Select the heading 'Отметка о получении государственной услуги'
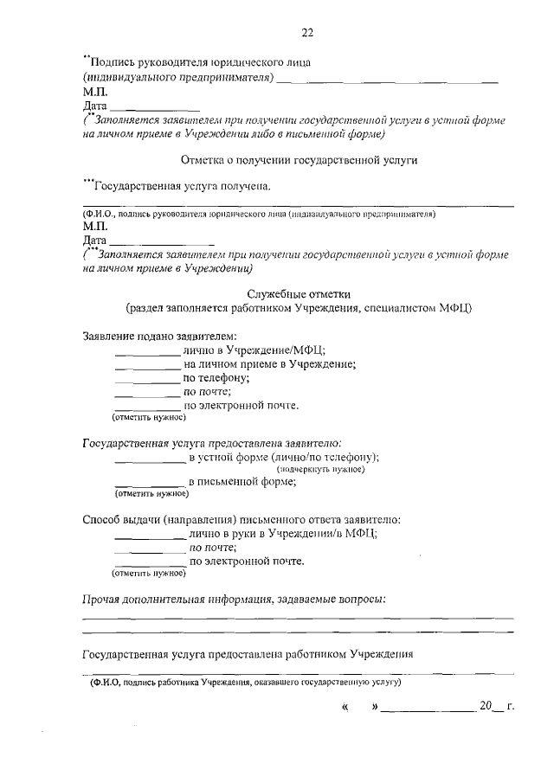pyautogui.click(x=299, y=160)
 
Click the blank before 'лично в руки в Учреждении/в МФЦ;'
pyautogui.click(x=150, y=537)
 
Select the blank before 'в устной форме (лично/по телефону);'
pyautogui.click(x=150, y=459)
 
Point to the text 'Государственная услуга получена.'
pyautogui.click(x=182, y=186)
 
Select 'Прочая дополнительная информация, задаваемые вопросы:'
pyautogui.click(x=234, y=599)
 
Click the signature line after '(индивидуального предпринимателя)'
pyautogui.click(x=390, y=80)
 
